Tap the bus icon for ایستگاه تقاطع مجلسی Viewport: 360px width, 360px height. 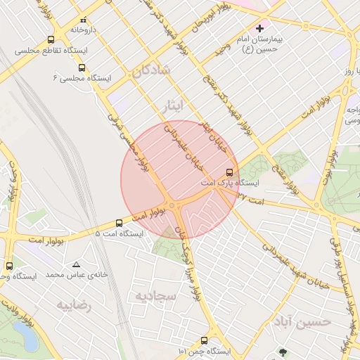point(51,40)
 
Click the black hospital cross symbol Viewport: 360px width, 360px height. point(261,29)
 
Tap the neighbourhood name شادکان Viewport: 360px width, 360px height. point(150,70)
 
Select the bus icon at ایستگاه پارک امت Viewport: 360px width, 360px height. point(229,172)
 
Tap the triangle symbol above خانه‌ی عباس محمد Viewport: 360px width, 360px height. point(76,264)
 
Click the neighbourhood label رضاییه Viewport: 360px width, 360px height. point(75,306)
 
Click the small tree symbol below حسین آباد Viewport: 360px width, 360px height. point(283,351)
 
